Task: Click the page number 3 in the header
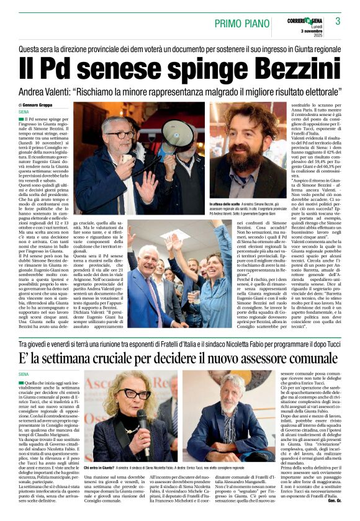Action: pos(338,21)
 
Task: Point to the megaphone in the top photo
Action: pos(176,133)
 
